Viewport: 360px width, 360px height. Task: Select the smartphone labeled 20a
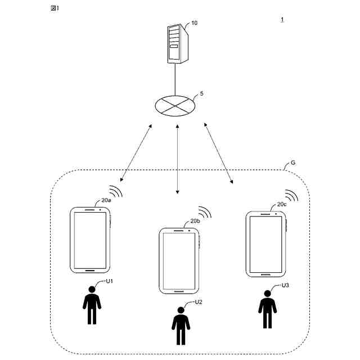(89, 240)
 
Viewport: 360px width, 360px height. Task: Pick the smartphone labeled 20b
(179, 260)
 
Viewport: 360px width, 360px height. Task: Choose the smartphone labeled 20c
(265, 244)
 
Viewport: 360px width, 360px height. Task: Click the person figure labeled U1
(92, 306)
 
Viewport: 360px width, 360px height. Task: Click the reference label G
(293, 163)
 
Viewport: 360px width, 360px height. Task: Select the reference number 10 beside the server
(195, 23)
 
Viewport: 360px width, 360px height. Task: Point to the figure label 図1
(55, 8)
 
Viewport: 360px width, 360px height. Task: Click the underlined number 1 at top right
(282, 20)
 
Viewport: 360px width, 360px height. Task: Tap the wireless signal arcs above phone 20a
(115, 191)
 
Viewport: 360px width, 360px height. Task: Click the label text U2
(198, 303)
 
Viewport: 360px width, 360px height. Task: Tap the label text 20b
(195, 221)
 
